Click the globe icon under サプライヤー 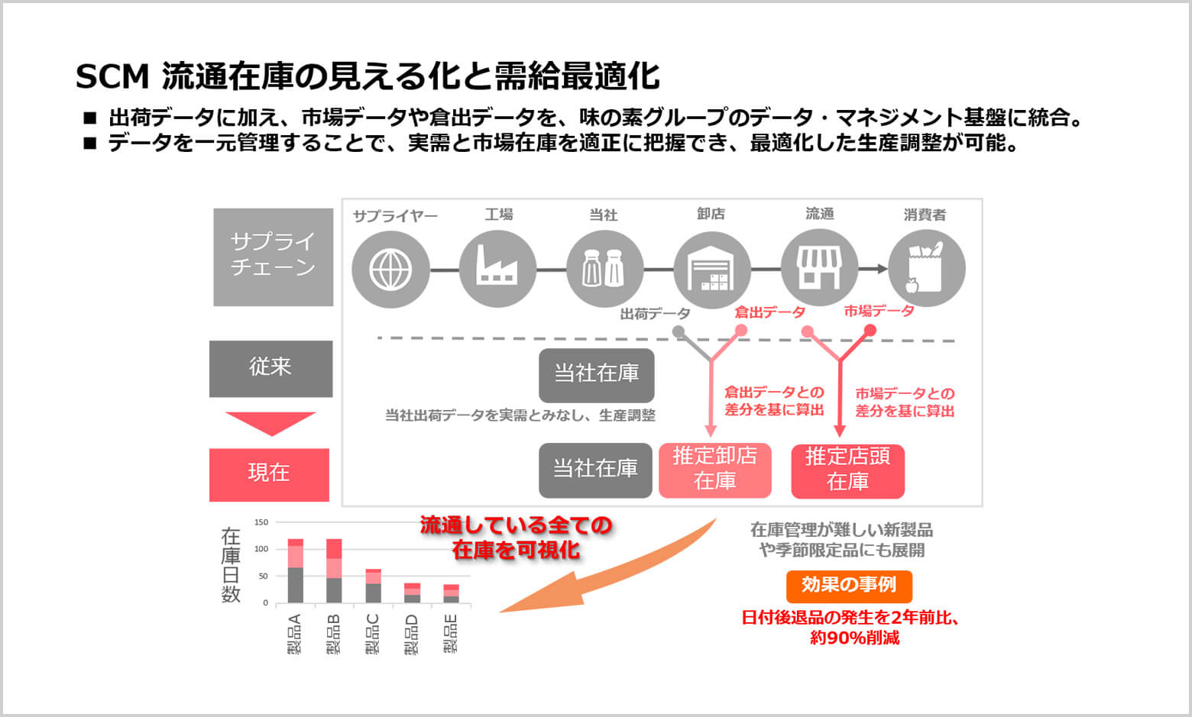[390, 269]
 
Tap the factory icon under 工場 [497, 269]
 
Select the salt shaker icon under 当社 [604, 269]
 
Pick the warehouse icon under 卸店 [711, 270]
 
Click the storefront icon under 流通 [819, 269]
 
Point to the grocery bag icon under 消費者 [926, 269]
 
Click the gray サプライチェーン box [273, 257]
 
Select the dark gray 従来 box [270, 368]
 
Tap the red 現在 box [269, 474]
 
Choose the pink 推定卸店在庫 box [714, 470]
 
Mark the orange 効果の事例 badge [849, 586]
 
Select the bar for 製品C [373, 586]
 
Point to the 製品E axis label [451, 634]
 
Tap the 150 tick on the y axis [261, 522]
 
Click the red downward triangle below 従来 [270, 423]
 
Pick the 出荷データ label [655, 314]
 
